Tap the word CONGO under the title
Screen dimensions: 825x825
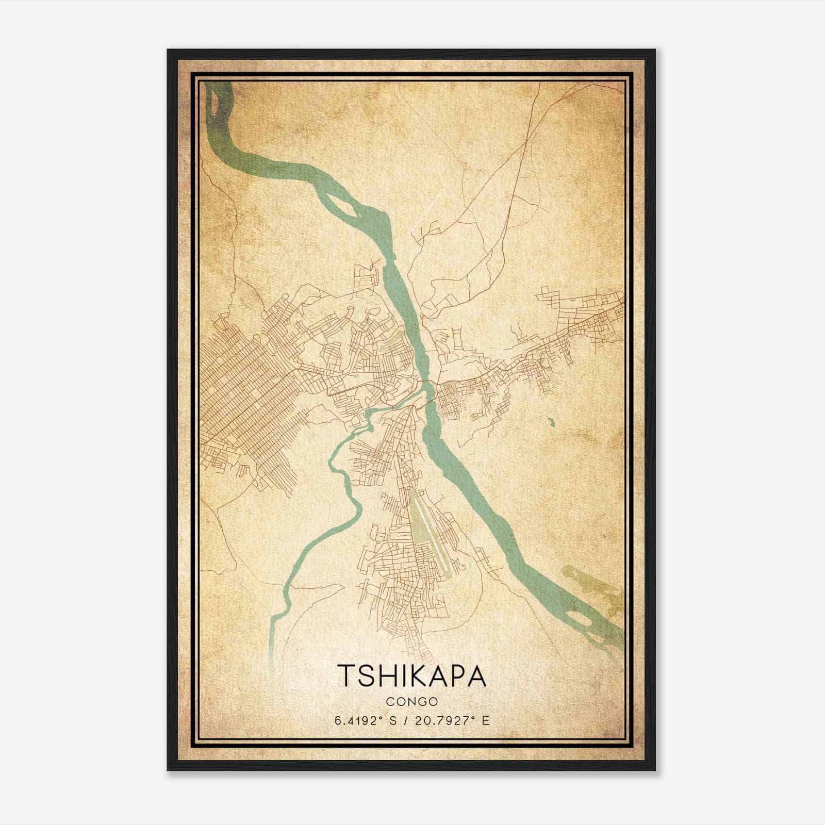(412, 702)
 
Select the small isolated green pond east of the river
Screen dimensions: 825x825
(552, 423)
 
